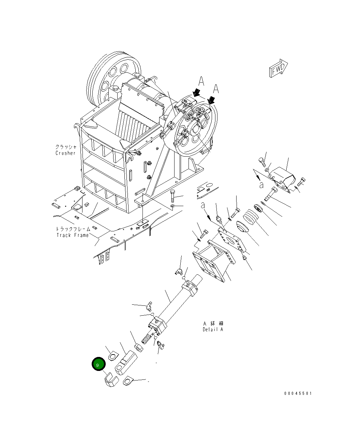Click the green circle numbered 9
pos(98,364)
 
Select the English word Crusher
pos(65,153)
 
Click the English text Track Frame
pos(73,235)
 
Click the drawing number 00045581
pos(298,393)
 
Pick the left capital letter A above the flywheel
pos(201,82)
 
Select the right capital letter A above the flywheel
pos(216,89)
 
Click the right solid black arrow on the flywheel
pos(211,100)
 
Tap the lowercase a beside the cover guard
pos(261,185)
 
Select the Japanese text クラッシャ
pos(66,147)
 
